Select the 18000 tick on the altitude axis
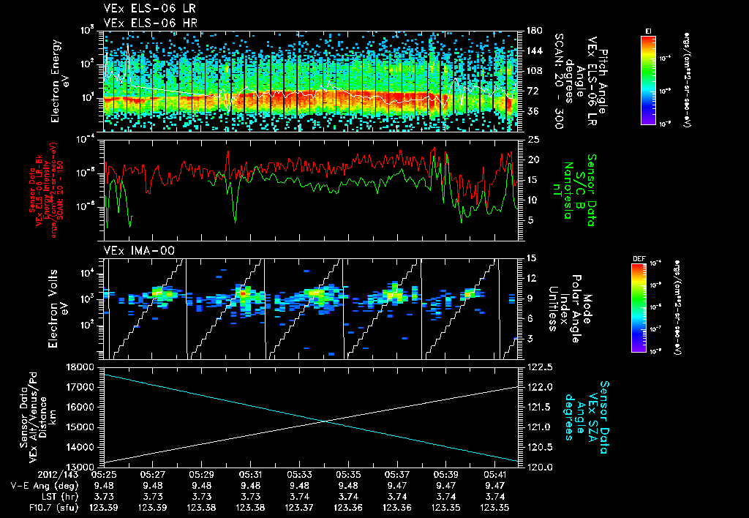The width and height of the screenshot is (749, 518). [86, 367]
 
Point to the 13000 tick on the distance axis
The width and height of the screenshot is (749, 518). [86, 467]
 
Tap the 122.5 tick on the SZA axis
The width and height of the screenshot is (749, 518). [533, 367]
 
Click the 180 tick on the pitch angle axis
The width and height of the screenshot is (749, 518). [532, 31]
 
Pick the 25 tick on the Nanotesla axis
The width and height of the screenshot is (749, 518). [533, 138]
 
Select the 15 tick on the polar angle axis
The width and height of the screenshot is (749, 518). [532, 258]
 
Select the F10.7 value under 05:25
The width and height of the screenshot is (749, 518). [104, 506]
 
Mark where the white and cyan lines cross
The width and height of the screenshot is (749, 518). [326, 420]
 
